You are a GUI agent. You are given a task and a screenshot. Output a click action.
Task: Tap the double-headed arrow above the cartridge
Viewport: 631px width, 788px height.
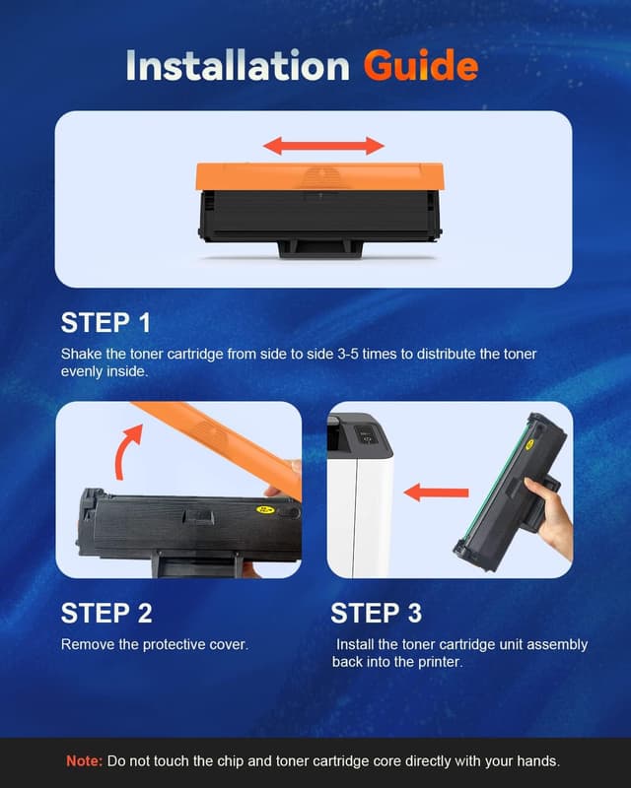point(323,146)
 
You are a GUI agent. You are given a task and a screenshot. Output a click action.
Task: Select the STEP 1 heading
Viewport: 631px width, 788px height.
point(106,322)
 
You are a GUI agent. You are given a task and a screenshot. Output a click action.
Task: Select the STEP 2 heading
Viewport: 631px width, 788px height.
point(106,613)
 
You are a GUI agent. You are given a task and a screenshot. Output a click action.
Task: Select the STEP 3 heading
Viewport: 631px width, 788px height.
point(376,613)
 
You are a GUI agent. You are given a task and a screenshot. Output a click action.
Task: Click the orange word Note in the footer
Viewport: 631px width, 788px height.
point(82,761)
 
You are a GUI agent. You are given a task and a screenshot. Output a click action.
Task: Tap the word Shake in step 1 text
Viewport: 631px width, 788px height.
point(80,353)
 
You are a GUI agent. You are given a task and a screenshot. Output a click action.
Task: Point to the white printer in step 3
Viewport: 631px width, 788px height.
point(359,502)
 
